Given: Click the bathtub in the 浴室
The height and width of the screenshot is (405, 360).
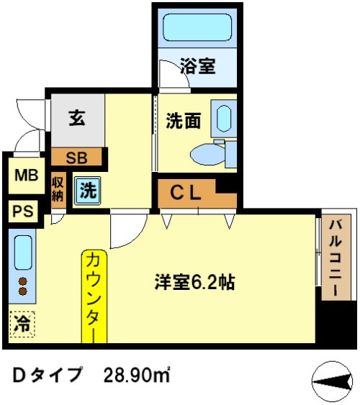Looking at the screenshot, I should point(197,28).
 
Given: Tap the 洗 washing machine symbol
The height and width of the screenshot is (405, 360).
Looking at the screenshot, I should point(87,191).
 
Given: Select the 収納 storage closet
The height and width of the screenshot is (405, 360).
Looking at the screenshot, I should point(58,190).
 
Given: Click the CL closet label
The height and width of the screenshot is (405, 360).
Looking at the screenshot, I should point(186,192).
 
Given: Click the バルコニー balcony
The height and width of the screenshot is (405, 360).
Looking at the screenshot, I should point(335,258).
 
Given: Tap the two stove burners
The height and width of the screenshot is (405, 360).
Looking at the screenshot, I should point(23,286).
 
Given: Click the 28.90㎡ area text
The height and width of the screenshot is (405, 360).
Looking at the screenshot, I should point(137,376).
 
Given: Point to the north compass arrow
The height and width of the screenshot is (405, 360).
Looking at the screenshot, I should point(333,379).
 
